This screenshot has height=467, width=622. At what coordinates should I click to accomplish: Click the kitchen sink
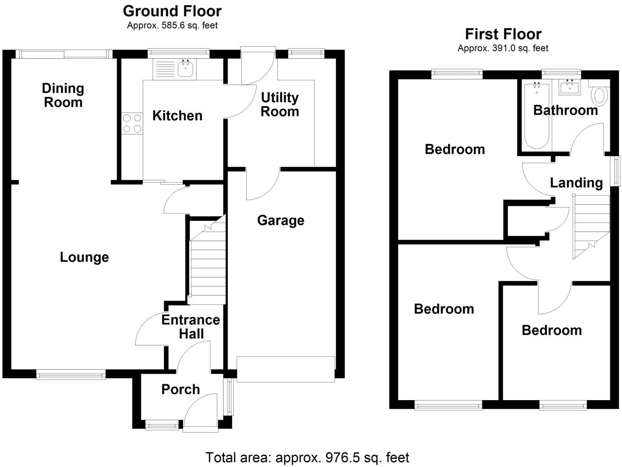[x=186, y=69]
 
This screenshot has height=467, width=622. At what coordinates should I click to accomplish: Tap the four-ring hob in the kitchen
[x=132, y=123]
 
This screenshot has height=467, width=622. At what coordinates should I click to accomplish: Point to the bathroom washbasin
[x=570, y=88]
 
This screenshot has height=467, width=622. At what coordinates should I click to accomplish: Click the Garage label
[x=281, y=220]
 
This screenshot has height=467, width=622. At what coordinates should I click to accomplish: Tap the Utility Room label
[x=280, y=104]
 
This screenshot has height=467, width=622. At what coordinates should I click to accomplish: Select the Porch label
[x=181, y=389]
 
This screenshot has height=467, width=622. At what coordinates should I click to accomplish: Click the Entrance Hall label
[x=190, y=326]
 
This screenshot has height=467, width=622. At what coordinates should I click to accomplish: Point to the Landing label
[x=576, y=183]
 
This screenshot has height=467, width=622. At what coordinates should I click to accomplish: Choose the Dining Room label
[x=63, y=95]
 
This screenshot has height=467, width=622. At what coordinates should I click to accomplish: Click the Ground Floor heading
[x=172, y=11]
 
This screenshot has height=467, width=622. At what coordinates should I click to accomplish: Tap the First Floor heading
[x=503, y=34]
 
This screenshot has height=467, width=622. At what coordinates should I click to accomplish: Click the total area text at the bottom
[x=307, y=457]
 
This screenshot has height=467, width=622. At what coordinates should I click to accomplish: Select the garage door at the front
[x=286, y=369]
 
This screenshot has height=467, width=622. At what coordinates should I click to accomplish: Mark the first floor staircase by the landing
[x=591, y=226]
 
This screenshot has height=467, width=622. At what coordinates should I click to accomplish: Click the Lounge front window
[x=71, y=374]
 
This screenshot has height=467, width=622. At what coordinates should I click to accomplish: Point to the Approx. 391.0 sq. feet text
[x=503, y=48]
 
